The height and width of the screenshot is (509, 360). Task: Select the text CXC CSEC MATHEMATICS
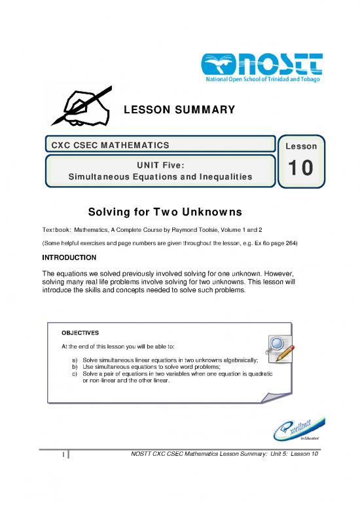109,144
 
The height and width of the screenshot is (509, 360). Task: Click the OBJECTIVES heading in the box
81,333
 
